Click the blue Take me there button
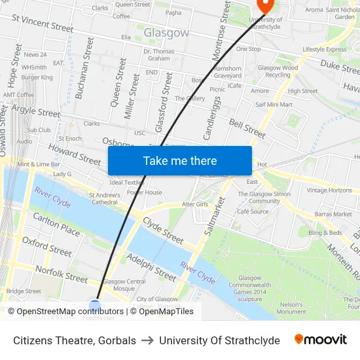pyautogui.click(x=180, y=160)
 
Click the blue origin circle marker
pyautogui.click(x=95, y=306)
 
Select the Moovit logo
pyautogui.click(x=321, y=340)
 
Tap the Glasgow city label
pyautogui.click(x=166, y=33)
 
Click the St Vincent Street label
pyautogui.click(x=43, y=24)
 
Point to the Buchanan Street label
pyautogui.click(x=84, y=77)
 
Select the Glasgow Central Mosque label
pyautogui.click(x=124, y=285)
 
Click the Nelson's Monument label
pyautogui.click(x=291, y=308)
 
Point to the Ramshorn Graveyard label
pyautogui.click(x=228, y=72)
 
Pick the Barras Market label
pyautogui.click(x=333, y=214)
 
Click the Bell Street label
pyautogui.click(x=247, y=128)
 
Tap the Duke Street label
pyautogui.click(x=340, y=65)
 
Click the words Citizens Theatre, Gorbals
pyautogui.click(x=75, y=340)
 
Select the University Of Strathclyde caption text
pyautogui.click(x=219, y=340)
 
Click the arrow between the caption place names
pyautogui.click(x=147, y=340)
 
